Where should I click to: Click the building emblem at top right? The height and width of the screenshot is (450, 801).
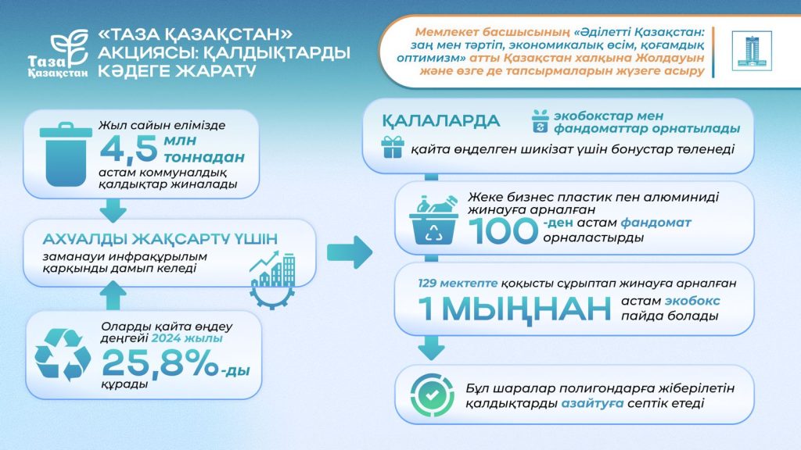click(751, 52)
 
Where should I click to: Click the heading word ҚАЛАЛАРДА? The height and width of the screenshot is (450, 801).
click(441, 121)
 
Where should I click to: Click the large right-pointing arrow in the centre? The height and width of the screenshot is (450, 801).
click(350, 251)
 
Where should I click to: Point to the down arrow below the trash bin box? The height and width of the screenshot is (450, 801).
click(113, 209)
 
